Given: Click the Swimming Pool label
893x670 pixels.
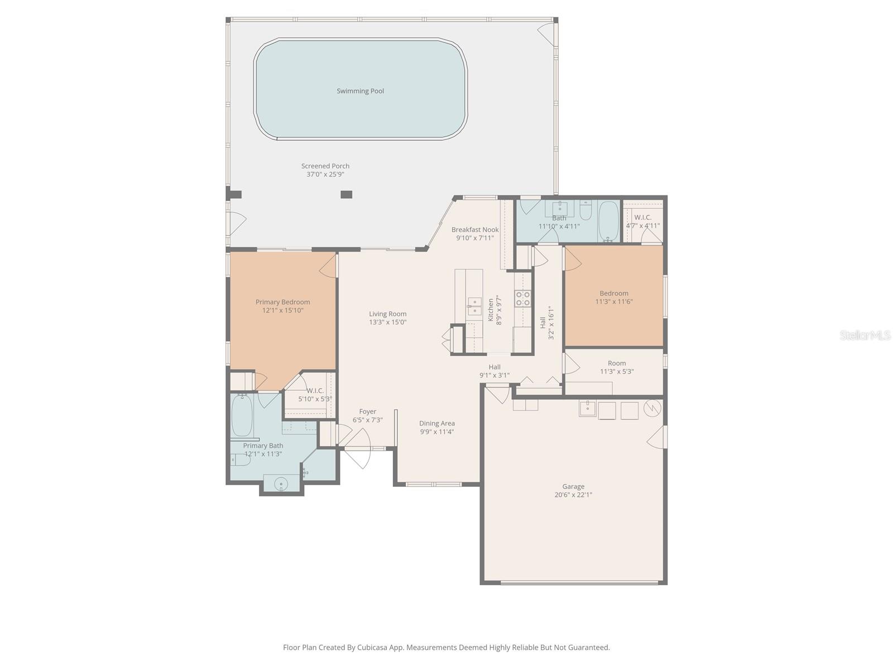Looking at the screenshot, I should [360, 91].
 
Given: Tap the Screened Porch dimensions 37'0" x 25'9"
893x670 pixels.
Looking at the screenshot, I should [325, 174].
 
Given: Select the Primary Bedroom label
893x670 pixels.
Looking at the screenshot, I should [282, 302].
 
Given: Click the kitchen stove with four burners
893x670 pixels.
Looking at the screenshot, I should [522, 298].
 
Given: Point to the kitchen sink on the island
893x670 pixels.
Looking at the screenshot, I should [474, 305].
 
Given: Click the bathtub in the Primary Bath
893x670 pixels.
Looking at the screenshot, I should [242, 416].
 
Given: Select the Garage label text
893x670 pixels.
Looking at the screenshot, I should [573, 486].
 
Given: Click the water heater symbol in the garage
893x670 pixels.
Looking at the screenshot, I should [652, 408].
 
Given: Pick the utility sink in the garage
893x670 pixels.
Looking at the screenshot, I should [587, 409].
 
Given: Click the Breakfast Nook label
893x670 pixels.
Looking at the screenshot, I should [475, 229].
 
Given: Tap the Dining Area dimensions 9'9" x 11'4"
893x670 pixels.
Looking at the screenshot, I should [437, 432].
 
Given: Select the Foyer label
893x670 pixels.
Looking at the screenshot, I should [367, 411].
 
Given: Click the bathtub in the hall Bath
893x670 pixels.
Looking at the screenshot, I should [608, 221].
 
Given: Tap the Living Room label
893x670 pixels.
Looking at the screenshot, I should [387, 314].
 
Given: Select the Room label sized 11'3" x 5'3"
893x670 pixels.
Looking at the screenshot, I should [617, 363].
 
